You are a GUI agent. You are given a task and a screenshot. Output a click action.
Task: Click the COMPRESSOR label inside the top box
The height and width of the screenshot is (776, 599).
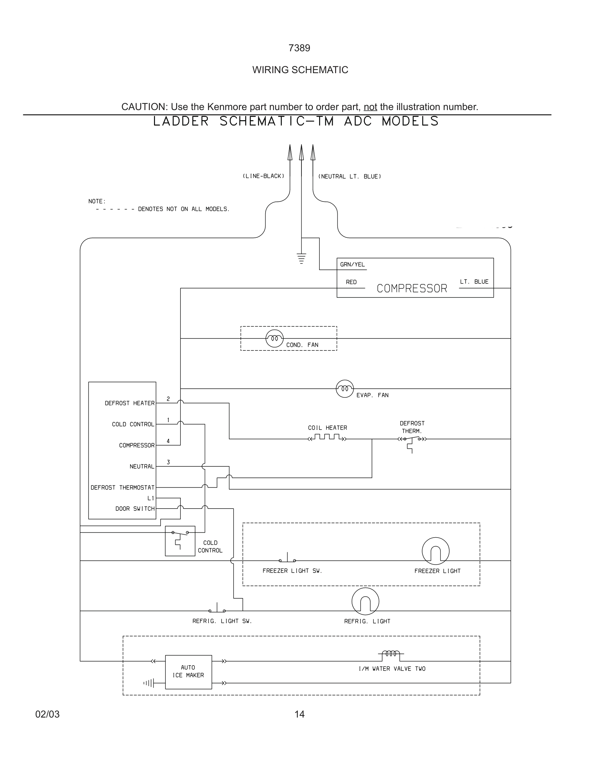412,288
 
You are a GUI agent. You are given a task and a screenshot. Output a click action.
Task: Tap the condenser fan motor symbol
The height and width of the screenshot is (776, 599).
274,338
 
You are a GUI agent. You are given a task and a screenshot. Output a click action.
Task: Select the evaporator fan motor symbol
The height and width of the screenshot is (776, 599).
345,388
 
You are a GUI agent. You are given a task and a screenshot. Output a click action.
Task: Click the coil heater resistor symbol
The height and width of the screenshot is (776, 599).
327,437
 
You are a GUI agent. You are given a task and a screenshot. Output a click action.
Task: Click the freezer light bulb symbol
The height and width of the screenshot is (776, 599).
436,551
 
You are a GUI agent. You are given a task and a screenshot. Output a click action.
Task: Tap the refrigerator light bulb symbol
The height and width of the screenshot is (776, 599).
365,601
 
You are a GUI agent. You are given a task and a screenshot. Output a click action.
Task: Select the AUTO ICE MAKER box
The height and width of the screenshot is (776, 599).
189,671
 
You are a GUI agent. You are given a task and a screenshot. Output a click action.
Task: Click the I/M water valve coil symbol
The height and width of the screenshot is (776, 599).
391,654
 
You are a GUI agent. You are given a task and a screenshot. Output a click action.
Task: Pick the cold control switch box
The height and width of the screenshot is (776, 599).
180,541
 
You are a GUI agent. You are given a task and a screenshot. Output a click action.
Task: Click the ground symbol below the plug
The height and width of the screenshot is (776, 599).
301,258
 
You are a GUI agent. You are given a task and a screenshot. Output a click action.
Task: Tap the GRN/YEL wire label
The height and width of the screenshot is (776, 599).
352,264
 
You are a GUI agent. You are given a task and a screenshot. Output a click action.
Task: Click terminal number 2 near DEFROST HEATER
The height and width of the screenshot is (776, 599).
168,399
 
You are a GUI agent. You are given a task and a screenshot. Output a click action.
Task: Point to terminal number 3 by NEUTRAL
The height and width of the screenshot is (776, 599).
168,462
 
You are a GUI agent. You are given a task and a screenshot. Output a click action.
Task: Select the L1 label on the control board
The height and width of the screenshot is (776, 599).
151,498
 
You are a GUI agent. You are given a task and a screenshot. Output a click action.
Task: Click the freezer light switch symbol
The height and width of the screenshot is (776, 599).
287,559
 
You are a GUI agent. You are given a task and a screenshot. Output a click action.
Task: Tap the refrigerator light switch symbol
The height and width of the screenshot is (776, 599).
217,609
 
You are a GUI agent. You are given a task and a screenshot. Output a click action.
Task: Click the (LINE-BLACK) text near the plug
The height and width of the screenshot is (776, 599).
263,176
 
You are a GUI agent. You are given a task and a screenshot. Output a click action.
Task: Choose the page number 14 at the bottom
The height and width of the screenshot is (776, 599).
299,714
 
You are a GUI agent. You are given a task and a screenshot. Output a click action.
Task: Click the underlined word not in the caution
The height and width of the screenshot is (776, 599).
370,106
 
